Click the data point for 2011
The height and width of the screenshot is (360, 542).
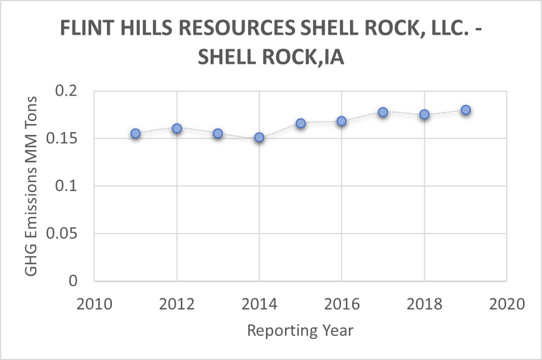pyautogui.click(x=135, y=133)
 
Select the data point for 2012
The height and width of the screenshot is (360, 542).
pyautogui.click(x=177, y=128)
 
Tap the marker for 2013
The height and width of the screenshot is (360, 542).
pyautogui.click(x=218, y=133)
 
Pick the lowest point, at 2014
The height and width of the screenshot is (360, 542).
pyautogui.click(x=259, y=137)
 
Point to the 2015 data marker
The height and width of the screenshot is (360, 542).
pyautogui.click(x=301, y=123)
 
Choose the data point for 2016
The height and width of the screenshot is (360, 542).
pyautogui.click(x=342, y=121)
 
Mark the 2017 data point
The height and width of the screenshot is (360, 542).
pyautogui.click(x=383, y=112)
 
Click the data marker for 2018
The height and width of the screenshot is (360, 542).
pyautogui.click(x=424, y=114)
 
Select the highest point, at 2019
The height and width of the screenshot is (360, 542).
pyautogui.click(x=466, y=110)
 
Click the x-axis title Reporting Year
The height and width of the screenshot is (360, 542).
pyautogui.click(x=300, y=330)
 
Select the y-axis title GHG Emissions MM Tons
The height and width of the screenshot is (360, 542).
pyautogui.click(x=32, y=186)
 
